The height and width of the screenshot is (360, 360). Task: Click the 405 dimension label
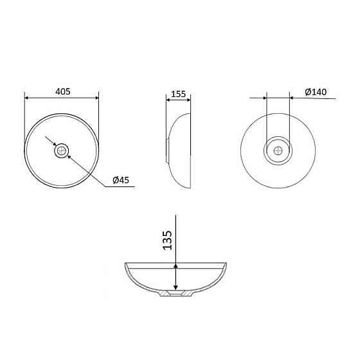[63, 91]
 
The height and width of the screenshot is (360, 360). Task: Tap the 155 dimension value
[179, 94]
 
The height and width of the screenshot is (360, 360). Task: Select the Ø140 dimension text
[316, 92]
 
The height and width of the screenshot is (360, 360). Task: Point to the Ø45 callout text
[121, 180]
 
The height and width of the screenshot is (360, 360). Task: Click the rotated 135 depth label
[167, 240]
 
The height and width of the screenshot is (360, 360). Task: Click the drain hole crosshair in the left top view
[61, 150]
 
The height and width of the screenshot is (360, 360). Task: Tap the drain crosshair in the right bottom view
[278, 150]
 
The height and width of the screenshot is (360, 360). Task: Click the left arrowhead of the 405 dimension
[26, 98]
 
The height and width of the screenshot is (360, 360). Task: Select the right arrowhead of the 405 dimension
[96, 98]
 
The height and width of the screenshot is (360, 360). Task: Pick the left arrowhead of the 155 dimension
[168, 100]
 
